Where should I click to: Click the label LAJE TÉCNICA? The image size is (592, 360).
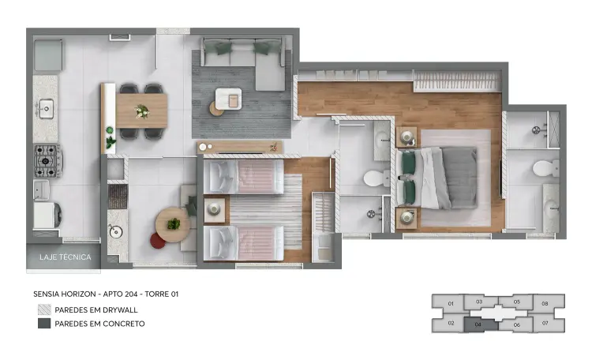(66, 257)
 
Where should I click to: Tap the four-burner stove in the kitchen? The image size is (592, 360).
(47, 161)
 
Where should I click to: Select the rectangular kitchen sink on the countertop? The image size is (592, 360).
(45, 109)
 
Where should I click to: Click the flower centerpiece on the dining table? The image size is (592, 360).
(141, 111)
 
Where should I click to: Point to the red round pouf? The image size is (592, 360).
(158, 240)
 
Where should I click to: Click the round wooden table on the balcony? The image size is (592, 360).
(173, 224)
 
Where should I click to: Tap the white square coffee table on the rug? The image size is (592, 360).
(228, 99)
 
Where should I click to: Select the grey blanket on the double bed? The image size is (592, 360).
(459, 177)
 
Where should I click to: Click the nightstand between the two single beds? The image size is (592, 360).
(215, 210)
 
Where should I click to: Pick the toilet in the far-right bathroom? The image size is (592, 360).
(545, 168)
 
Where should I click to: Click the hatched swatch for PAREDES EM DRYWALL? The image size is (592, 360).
(44, 309)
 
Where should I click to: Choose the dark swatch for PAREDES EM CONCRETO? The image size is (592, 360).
(44, 324)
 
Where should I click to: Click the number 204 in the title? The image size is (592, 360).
(131, 294)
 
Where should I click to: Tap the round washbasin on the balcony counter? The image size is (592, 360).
(115, 231)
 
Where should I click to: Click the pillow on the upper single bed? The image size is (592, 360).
(222, 177)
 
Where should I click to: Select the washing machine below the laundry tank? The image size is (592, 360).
(47, 215)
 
